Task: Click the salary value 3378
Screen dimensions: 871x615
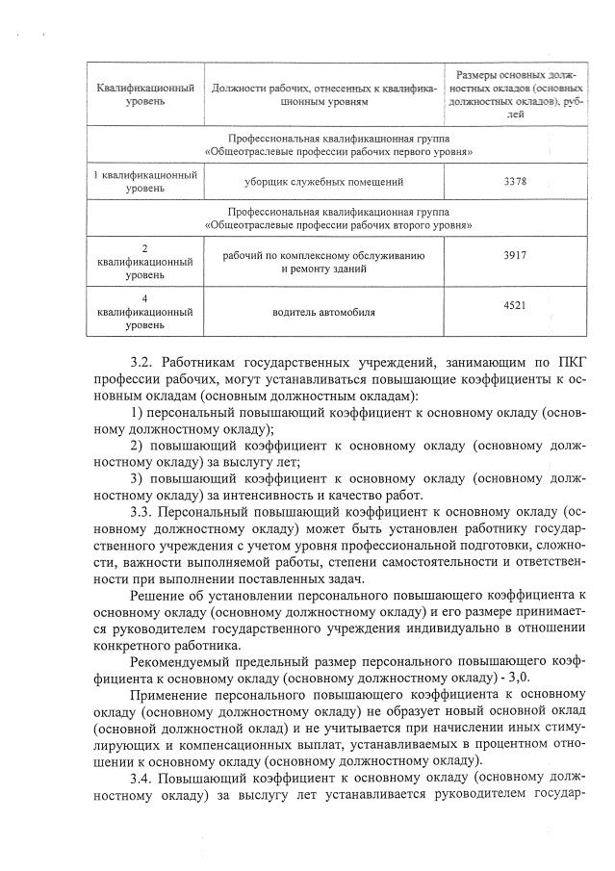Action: (515, 182)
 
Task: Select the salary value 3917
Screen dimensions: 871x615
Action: (515, 256)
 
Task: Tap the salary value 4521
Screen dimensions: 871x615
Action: (515, 305)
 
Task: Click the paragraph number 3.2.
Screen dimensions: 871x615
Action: (141, 362)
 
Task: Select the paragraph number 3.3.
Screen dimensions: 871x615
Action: (141, 510)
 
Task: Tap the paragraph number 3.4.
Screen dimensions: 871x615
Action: (141, 778)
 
